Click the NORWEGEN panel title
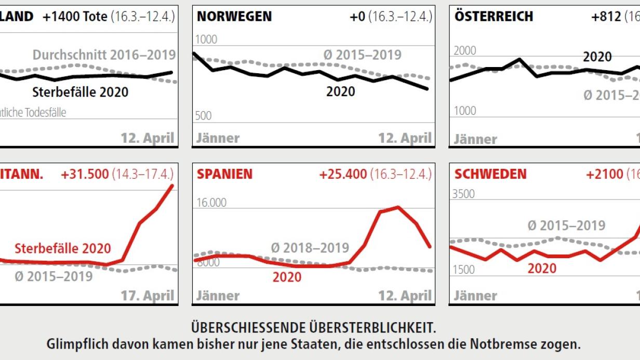tap(234, 17)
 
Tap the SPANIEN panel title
tap(224, 174)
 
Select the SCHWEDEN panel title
tap(490, 174)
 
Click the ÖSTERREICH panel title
tap(494, 17)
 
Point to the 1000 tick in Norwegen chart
tap(206, 40)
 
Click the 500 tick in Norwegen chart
tap(204, 116)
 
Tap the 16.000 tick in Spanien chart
tap(211, 203)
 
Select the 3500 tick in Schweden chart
tap(464, 194)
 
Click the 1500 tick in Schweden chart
tap(464, 270)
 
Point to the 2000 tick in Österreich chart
tap(464, 51)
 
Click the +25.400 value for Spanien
tap(343, 174)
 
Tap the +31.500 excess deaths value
tap(85, 174)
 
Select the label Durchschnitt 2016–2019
tap(104, 55)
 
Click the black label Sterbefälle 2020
tap(80, 92)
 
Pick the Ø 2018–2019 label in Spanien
tap(310, 248)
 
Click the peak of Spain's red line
tap(398, 207)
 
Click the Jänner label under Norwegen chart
tap(218, 138)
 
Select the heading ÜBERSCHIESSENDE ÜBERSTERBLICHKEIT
tap(313, 328)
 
